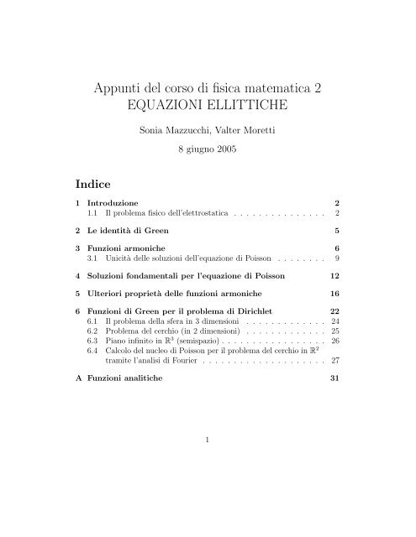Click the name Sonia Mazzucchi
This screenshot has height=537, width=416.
(x=171, y=131)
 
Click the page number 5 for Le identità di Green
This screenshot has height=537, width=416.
(x=335, y=229)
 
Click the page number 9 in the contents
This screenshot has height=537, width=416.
(x=335, y=260)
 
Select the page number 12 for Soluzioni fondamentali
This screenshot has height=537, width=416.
(x=333, y=274)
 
